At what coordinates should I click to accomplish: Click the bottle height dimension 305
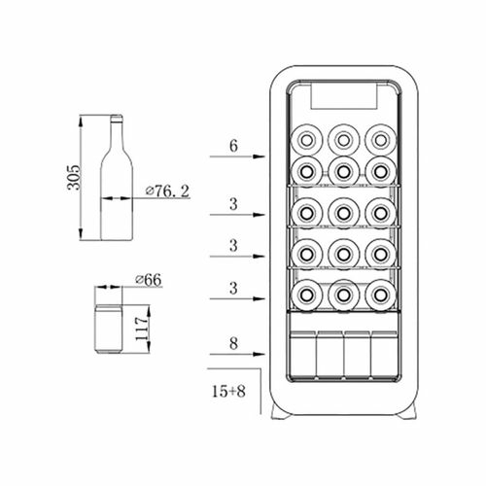pos(73,178)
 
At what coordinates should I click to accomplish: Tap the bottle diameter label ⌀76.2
pos(167,191)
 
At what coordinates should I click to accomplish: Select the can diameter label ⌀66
pos(149,280)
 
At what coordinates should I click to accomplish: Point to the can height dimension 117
pos(142,329)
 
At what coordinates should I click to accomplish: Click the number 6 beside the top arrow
pos(233,146)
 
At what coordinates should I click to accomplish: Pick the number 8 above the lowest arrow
pos(233,344)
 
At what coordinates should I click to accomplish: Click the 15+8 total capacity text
pos(228,391)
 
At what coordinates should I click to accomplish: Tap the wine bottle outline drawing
pos(117,178)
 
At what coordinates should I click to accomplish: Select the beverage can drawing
pos(109,329)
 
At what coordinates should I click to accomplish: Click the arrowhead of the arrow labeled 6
pos(260,156)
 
